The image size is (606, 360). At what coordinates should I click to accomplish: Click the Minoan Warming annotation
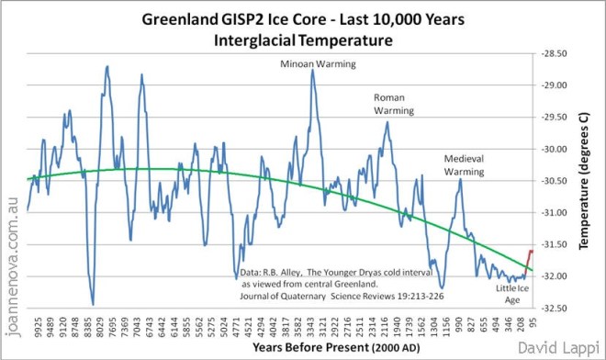click(x=317, y=63)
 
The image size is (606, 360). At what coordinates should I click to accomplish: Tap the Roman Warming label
click(x=393, y=103)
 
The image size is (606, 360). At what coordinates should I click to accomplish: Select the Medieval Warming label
click(x=464, y=163)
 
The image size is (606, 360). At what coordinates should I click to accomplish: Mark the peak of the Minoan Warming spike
click(x=313, y=71)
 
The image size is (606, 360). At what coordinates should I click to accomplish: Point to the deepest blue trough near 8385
click(x=93, y=304)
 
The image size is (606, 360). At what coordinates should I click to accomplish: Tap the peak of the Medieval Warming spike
click(x=460, y=180)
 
